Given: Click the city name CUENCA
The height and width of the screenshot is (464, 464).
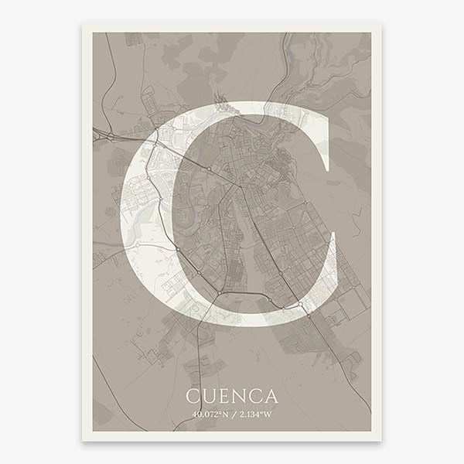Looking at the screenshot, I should tap(232, 397).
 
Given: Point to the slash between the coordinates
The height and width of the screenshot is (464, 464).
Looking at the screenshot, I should tap(232, 415).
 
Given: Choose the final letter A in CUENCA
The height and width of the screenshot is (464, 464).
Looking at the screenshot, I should tap(271, 397).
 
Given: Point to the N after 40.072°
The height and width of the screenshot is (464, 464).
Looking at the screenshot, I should tap(227, 415).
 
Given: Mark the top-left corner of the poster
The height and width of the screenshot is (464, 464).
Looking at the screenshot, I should tap(83, 23).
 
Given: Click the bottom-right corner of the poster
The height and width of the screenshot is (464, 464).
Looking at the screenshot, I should tap(380, 440).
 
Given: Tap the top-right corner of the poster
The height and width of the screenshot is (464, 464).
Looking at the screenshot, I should tap(380, 23).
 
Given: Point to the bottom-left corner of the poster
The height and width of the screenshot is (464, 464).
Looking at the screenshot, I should tap(83, 440).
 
